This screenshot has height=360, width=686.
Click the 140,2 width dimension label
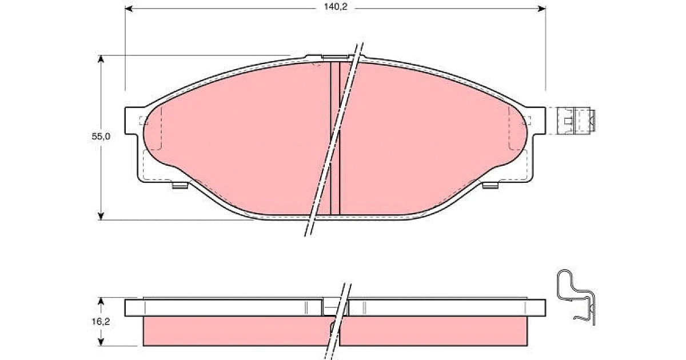click(x=336, y=7)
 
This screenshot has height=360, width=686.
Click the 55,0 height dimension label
click(x=101, y=136)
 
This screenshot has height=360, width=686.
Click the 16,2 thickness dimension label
click(x=101, y=321)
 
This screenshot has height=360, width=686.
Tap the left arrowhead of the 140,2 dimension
click(x=129, y=9)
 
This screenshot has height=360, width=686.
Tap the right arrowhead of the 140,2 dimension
click(x=542, y=9)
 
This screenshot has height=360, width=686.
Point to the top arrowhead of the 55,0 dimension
click(x=101, y=59)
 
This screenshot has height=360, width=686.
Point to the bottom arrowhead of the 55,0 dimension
click(x=101, y=216)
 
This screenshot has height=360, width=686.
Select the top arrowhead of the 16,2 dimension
click(x=101, y=301)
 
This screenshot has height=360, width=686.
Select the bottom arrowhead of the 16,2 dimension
click(x=101, y=342)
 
